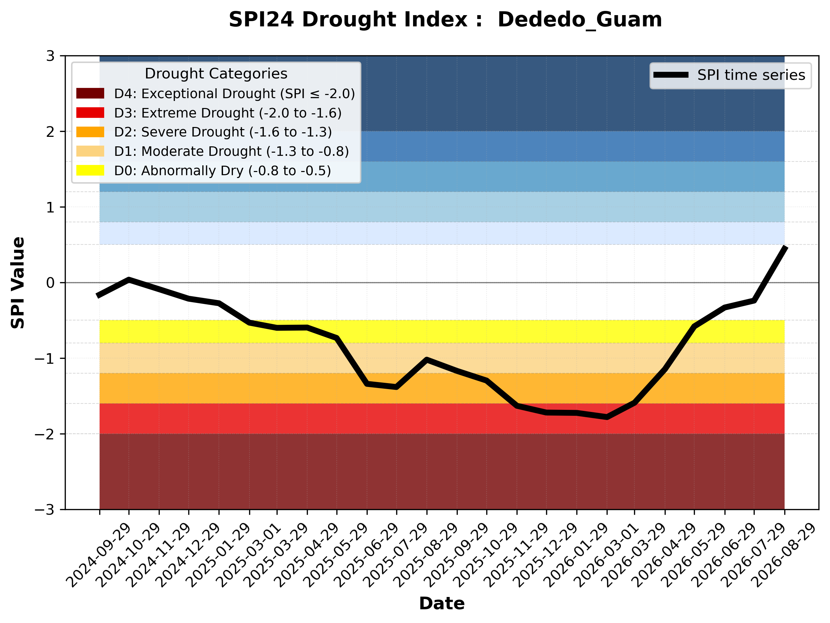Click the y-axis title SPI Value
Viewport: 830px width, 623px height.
18,283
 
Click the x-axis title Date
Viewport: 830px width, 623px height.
442,604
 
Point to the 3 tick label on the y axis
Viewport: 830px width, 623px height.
50,56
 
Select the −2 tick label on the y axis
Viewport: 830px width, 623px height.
45,434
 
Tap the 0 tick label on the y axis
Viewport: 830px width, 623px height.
50,283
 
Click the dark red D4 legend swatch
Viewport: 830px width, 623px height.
90,93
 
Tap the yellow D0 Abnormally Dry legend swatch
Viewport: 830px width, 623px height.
90,170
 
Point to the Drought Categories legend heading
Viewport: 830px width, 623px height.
216,74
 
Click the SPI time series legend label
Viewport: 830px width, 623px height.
751,75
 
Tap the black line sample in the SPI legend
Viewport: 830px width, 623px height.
671,75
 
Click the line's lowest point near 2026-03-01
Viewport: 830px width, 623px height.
607,417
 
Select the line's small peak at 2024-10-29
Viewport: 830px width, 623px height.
129,279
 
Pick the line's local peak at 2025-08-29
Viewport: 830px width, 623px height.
427,359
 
